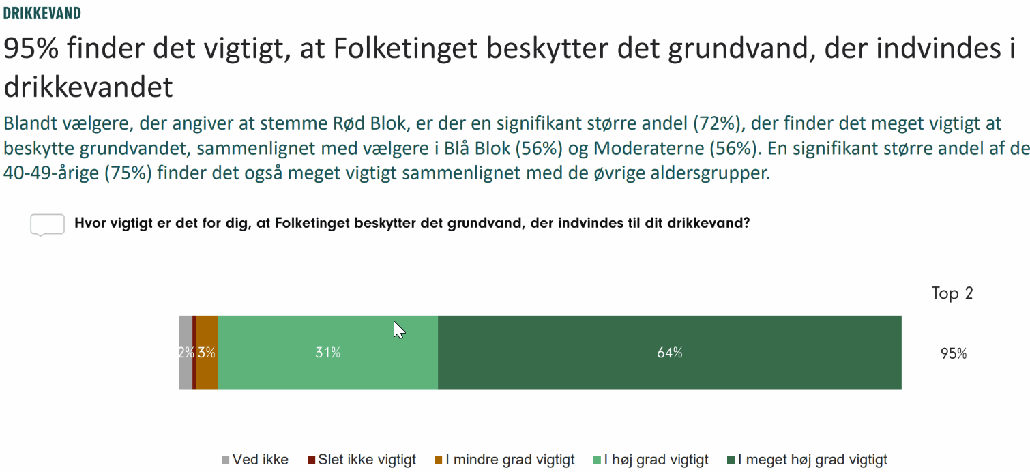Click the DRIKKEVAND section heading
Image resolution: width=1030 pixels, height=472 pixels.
pyautogui.click(x=42, y=13)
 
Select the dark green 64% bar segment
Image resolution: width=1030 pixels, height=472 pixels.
pyautogui.click(x=669, y=353)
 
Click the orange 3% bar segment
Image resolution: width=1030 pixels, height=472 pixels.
pyautogui.click(x=207, y=353)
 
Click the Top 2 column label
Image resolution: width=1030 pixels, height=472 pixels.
pyautogui.click(x=952, y=294)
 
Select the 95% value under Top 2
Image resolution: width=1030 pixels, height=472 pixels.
pyautogui.click(x=953, y=354)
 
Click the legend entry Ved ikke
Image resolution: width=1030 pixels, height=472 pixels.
pyautogui.click(x=260, y=460)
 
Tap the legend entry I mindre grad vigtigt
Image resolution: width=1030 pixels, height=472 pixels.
pyautogui.click(x=510, y=460)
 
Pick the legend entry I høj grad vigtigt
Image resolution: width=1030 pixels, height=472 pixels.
pyautogui.click(x=656, y=460)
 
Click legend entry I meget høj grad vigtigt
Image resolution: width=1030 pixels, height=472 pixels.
pyautogui.click(x=812, y=460)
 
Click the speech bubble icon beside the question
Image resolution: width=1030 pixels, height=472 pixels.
pyautogui.click(x=47, y=224)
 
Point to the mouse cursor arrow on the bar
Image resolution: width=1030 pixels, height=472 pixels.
pyautogui.click(x=398, y=330)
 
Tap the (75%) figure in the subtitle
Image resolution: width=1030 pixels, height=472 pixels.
pyautogui.click(x=127, y=173)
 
